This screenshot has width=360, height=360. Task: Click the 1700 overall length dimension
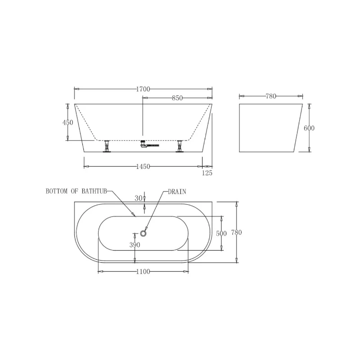[x=143, y=89]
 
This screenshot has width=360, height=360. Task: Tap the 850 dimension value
[x=177, y=99]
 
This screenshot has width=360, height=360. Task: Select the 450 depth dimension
[x=68, y=122]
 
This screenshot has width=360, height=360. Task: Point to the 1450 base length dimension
[x=143, y=166]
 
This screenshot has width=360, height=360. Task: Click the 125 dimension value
[x=207, y=173]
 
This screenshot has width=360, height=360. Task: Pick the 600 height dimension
[x=309, y=128]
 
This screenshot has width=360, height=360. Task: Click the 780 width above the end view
[x=270, y=96]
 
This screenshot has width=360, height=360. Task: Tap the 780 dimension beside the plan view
[x=236, y=233]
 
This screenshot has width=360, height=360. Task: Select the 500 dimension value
[x=221, y=233]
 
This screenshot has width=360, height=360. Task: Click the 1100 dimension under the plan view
[x=143, y=271]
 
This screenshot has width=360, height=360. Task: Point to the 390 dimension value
[x=135, y=245]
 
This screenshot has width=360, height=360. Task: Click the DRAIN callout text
[x=177, y=191]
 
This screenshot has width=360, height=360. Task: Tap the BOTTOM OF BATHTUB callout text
[x=76, y=191]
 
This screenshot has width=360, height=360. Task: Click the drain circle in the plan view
[x=144, y=233]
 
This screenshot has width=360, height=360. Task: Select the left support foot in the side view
[x=107, y=147]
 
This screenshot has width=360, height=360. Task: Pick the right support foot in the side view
[x=180, y=147]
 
